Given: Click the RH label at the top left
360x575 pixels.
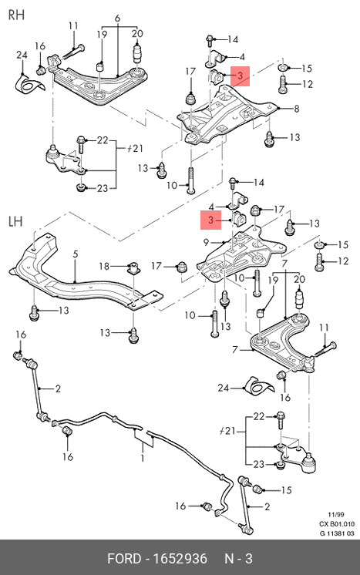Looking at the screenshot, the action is point(16,15).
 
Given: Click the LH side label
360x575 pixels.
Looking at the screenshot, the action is point(15,221).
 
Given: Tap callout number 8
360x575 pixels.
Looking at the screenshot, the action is point(296,109).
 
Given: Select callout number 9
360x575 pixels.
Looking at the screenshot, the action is point(206,242).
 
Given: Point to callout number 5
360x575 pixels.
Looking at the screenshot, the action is point(75,254).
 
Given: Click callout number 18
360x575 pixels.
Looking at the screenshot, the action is point(105,266).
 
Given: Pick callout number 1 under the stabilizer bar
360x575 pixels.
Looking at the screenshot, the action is point(143,458).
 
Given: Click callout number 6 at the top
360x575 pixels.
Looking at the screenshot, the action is point(117,18).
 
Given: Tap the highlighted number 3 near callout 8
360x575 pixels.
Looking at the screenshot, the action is point(240,76).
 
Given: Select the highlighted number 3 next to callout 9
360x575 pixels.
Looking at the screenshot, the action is point(210,220).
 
